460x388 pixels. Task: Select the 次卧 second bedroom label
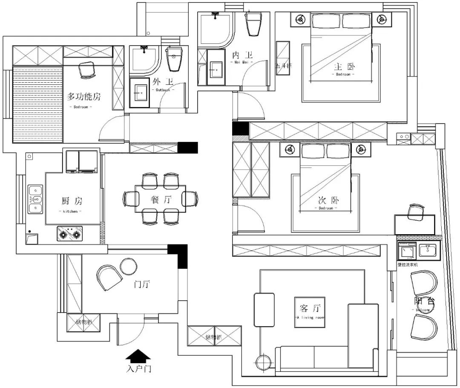pos(328,201)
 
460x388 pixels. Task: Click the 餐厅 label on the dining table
pos(161,199)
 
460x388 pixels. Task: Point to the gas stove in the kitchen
pos(70,234)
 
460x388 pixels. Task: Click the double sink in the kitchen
pos(35,199)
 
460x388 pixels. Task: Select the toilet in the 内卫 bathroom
pos(254,24)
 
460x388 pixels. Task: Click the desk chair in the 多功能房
pos(87,69)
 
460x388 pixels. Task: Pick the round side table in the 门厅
pos(128,267)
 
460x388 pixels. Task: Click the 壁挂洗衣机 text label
pos(408,265)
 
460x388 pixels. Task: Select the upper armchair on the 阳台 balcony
pos(424,283)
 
